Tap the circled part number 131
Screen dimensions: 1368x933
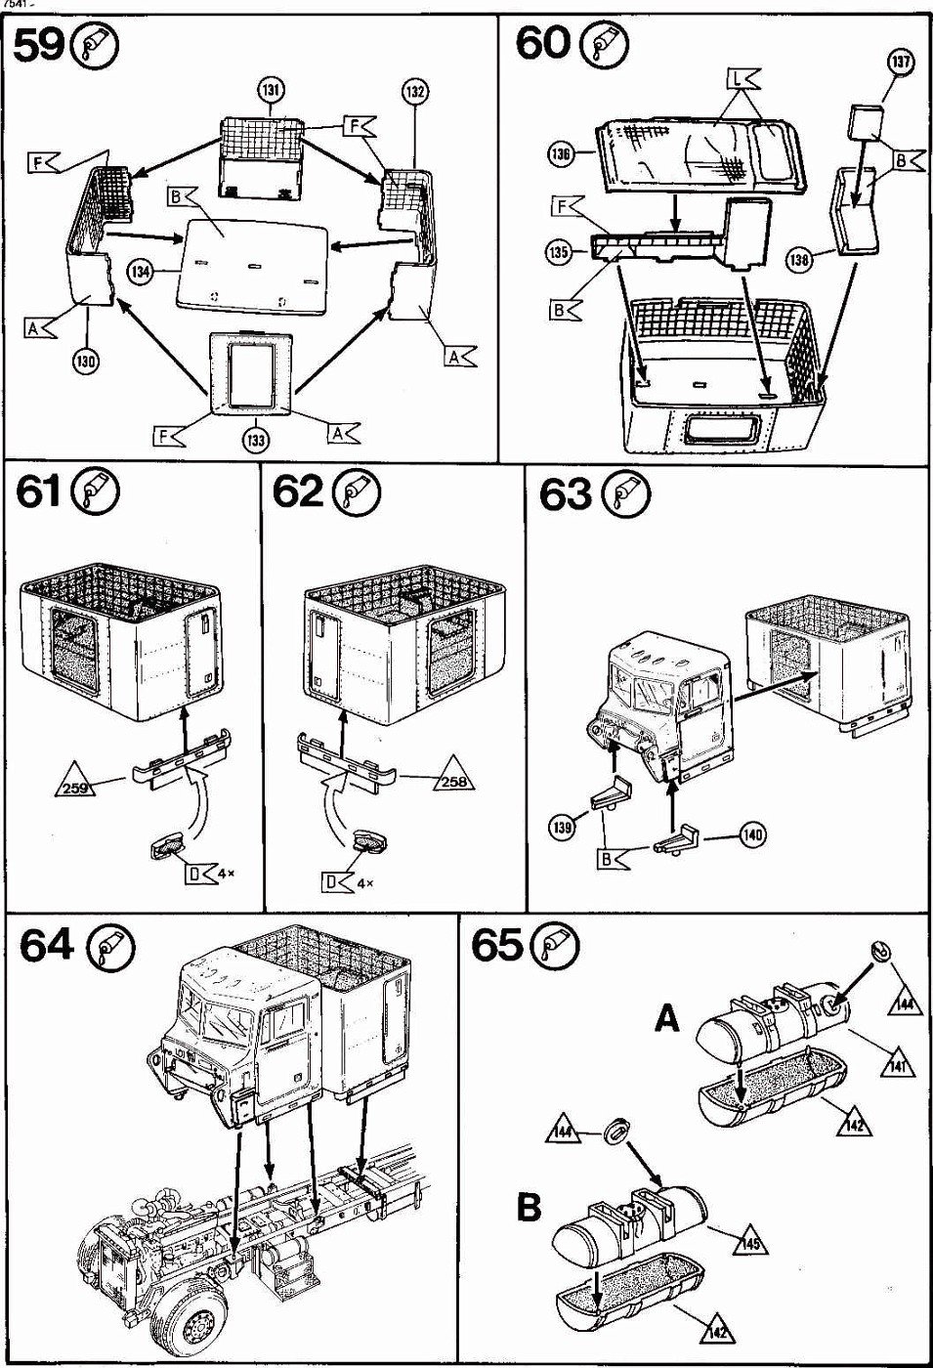[x=271, y=91]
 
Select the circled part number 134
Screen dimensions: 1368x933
[x=141, y=271]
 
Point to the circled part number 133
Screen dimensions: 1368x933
[x=255, y=440]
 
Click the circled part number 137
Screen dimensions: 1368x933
[x=900, y=63]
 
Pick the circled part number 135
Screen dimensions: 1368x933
[x=558, y=252]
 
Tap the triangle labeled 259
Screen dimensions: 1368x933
[x=74, y=786]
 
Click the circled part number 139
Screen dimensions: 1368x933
[x=562, y=828]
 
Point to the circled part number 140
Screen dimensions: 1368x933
[x=752, y=834]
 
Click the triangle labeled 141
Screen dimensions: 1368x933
[x=897, y=1064]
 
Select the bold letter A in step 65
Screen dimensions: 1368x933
[x=666, y=1019]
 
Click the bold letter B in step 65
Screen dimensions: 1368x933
[x=529, y=1208]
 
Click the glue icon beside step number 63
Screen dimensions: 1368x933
[x=626, y=494]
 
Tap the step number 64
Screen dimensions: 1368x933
[x=46, y=945]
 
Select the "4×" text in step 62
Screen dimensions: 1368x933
[x=366, y=883]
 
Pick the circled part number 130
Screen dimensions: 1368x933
[x=85, y=362]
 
